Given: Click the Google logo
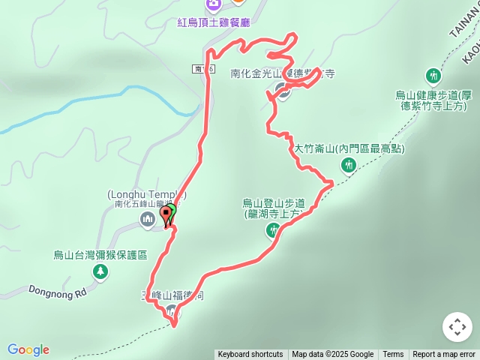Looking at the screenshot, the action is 28,349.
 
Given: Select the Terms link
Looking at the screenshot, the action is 393,355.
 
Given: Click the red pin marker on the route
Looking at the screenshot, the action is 166,217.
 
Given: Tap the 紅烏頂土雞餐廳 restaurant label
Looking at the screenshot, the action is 212,22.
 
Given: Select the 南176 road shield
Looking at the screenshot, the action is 203,69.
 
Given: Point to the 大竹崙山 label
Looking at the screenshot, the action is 348,149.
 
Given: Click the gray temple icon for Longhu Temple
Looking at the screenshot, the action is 147,220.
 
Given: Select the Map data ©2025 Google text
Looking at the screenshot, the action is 332,355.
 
